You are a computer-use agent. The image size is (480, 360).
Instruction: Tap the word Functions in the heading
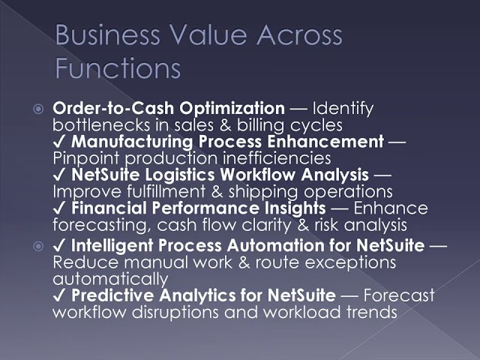(x=118, y=68)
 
